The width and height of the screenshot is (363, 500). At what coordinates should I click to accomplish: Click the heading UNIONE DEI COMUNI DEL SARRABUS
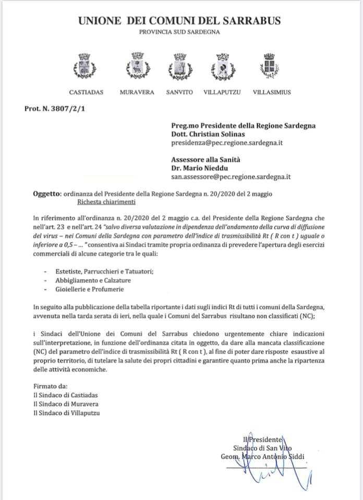(179, 21)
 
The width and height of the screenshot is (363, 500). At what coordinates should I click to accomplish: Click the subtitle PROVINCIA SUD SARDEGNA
(179, 32)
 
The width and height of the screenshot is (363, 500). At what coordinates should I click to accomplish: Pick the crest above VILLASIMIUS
(269, 65)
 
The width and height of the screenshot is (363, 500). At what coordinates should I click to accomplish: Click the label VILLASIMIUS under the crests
(272, 92)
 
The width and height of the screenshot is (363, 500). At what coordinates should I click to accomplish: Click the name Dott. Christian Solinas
(209, 133)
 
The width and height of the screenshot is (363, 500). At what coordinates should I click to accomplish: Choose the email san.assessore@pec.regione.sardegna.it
(231, 177)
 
